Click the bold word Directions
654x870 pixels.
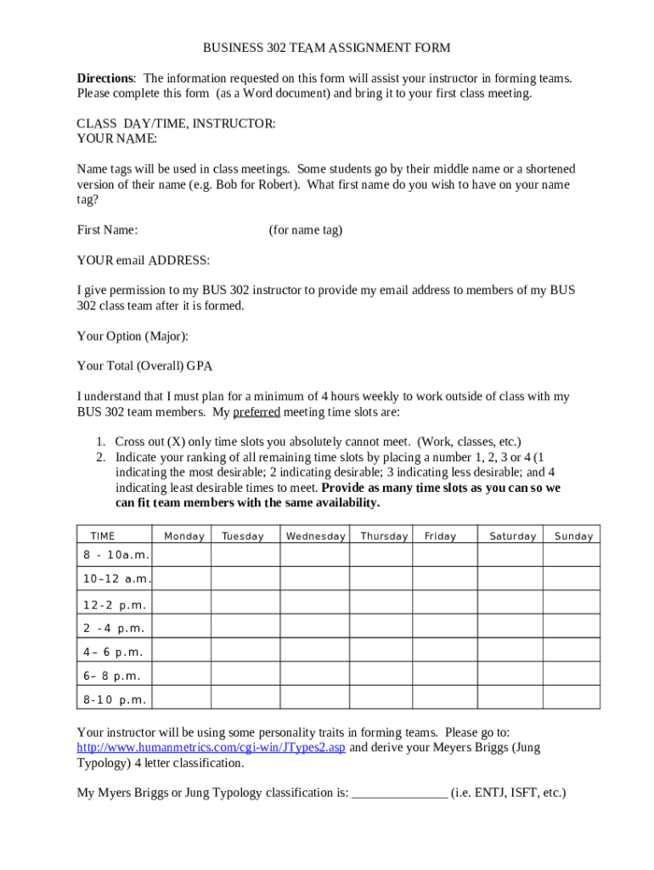(x=105, y=78)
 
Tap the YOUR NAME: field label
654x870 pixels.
(x=116, y=138)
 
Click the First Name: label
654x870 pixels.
(x=108, y=229)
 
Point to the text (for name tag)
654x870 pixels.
(x=306, y=229)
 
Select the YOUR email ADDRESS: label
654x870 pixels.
(x=144, y=259)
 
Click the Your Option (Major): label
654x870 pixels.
(x=132, y=336)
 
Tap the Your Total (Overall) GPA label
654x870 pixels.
(x=144, y=366)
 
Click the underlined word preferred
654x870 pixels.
(x=257, y=412)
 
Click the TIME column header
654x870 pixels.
(x=103, y=536)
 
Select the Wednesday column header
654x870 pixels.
(x=316, y=536)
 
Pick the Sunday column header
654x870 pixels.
(x=573, y=536)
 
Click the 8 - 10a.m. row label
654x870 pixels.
(x=116, y=555)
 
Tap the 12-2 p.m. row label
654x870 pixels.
(x=115, y=605)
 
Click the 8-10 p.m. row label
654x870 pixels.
(x=115, y=700)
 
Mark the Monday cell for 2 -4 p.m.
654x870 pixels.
(x=183, y=629)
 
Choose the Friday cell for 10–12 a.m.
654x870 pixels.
(x=445, y=579)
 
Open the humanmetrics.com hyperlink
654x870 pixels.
(x=211, y=748)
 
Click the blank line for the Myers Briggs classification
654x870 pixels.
(x=399, y=793)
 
